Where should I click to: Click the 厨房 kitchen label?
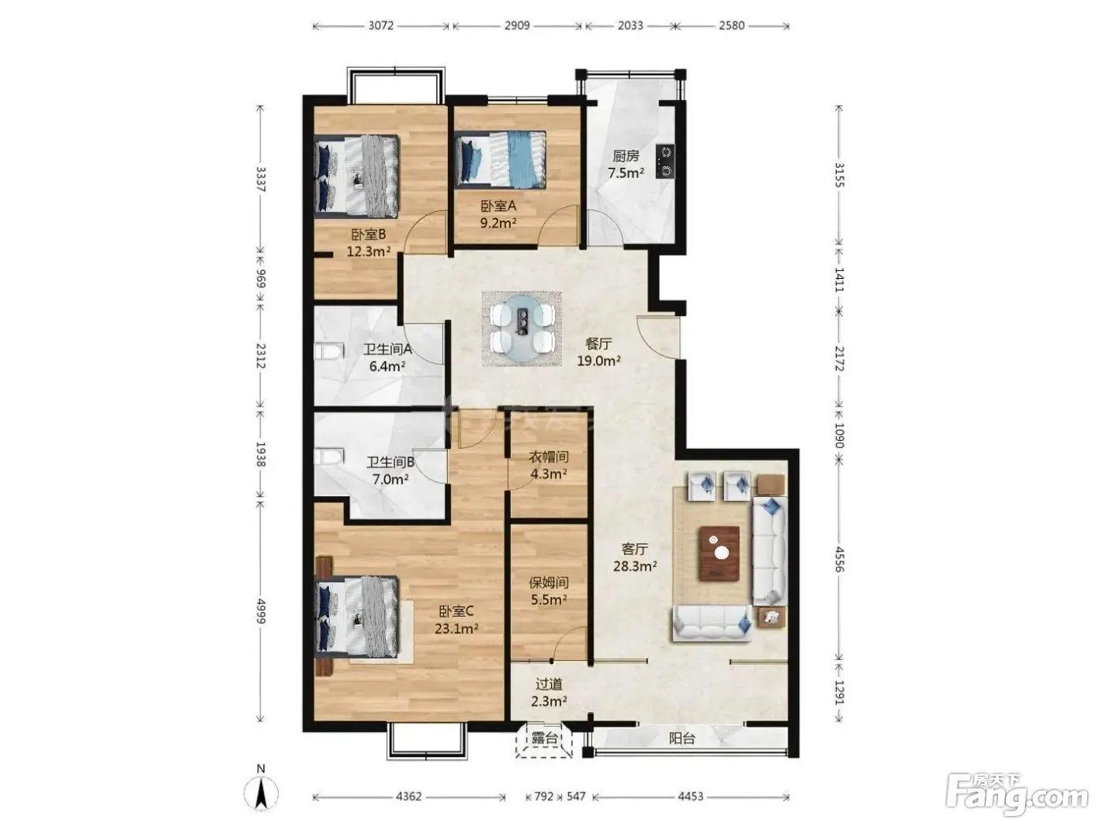626,156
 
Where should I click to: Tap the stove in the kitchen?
664,161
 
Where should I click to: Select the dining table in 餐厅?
522,328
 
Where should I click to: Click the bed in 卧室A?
500,160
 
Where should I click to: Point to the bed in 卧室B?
357,176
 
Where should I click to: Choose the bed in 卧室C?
357,616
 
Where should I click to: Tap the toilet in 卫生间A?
329,351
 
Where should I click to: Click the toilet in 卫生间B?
329,458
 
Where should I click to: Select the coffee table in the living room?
719,553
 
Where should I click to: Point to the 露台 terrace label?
544,738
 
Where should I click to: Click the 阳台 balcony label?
682,738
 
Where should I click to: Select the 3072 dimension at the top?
380,25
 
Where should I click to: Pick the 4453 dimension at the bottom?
690,796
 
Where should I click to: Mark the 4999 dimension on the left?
260,610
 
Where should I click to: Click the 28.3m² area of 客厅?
635,566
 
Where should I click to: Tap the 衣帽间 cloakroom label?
549,457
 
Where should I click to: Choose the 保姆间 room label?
549,583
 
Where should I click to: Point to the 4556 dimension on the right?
838,560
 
